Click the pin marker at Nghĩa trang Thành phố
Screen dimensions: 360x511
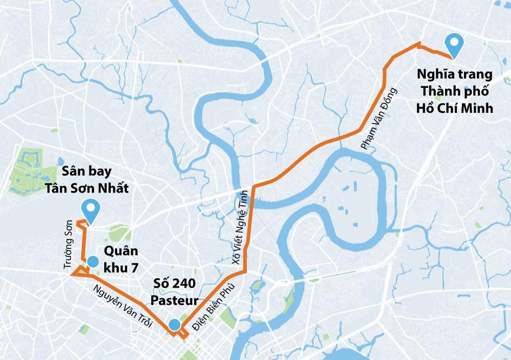453,44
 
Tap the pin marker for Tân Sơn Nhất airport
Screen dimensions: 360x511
92,210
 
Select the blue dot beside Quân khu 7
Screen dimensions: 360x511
92,262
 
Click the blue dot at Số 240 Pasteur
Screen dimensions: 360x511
174,324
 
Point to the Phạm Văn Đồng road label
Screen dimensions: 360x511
379,118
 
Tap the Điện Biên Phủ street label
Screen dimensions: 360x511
211,305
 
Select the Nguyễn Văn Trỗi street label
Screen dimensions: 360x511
123,306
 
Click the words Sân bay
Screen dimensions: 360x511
86,171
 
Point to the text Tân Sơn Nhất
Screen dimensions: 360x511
86,188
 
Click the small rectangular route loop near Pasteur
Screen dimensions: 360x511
182,333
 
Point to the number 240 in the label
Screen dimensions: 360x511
185,283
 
